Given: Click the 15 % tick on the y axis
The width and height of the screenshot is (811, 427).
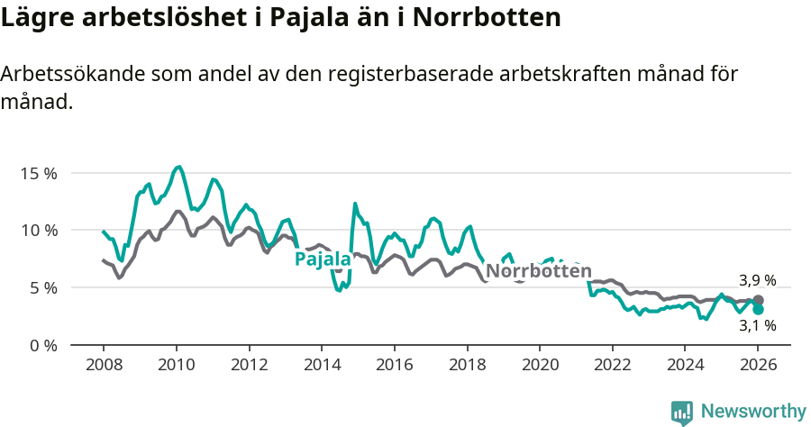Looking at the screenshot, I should [39, 173].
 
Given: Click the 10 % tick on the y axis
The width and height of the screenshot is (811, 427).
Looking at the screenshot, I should [39, 231].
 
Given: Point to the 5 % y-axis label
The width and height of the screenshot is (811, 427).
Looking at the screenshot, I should [42, 288].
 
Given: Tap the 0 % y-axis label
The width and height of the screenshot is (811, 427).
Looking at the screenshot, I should [42, 346].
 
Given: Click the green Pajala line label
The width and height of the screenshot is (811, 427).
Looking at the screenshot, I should [323, 260].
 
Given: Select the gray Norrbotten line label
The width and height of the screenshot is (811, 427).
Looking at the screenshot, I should [539, 271].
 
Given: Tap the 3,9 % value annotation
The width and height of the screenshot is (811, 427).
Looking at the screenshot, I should [757, 280].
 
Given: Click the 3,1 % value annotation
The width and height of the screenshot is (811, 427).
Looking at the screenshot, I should [757, 326].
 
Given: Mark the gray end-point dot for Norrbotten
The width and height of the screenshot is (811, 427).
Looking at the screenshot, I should [759, 300].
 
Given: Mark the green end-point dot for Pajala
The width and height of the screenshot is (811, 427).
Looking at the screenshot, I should [759, 309].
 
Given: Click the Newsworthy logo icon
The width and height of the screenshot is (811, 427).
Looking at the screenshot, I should [682, 413].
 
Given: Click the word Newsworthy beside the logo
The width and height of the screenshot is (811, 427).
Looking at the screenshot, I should [753, 412].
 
